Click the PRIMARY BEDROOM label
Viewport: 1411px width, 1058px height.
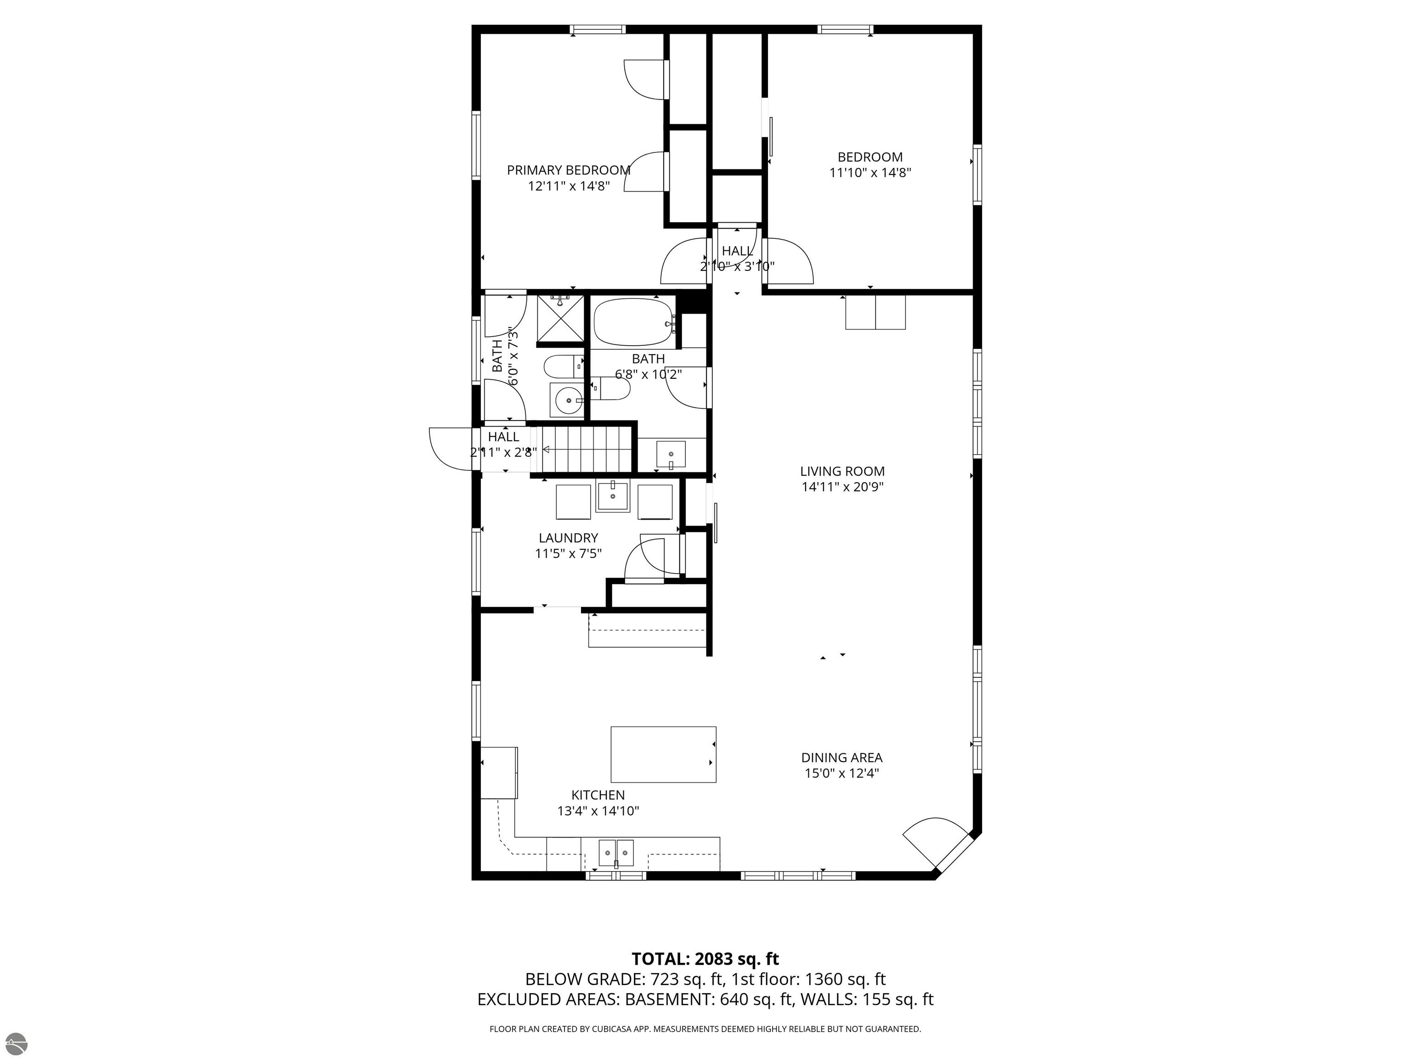pos(568,170)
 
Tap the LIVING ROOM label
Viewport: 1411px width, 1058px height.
pos(842,471)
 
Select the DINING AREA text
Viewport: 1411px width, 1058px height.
pos(842,758)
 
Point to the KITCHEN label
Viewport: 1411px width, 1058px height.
pos(598,795)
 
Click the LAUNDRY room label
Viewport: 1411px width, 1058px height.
pos(568,538)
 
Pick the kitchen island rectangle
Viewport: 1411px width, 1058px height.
pos(663,754)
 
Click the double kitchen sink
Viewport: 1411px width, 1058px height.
pos(616,853)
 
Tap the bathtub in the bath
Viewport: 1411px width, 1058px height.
pos(633,323)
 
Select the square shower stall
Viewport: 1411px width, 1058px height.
pos(560,318)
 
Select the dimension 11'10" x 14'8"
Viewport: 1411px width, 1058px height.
pos(870,172)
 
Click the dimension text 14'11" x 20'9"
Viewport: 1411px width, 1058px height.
pos(842,487)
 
